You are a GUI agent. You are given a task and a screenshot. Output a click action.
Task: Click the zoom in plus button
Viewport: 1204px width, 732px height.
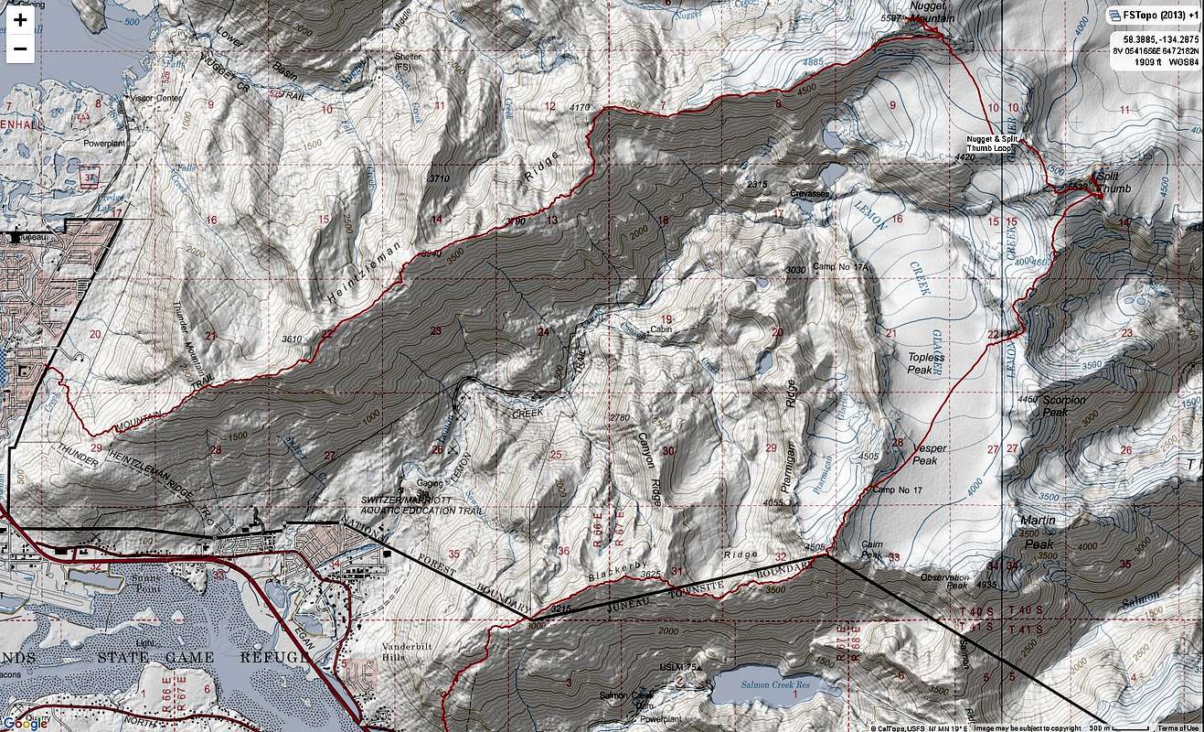click(x=20, y=19)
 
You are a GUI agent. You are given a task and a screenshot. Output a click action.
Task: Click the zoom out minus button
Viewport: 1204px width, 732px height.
click(x=20, y=48)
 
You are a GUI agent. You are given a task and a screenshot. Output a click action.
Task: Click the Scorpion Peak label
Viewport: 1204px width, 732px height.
click(x=1063, y=405)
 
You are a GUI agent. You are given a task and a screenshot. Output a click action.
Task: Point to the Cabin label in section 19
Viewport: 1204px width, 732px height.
click(x=661, y=328)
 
